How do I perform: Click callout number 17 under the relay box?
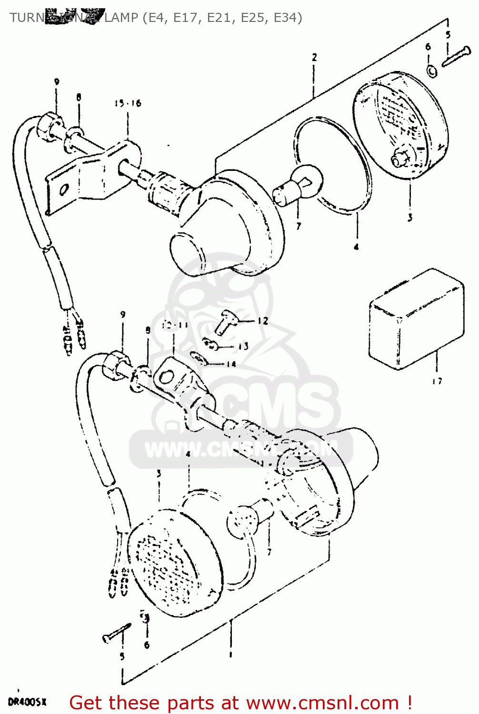pos(437,381)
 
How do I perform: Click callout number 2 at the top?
pos(314,57)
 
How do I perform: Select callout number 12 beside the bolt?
pos(263,321)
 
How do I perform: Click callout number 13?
pos(243,346)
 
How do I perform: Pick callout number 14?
pos(231,364)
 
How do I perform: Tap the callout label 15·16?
pos(128,103)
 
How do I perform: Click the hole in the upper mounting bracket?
pos(63,190)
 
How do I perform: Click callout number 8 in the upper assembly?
pos(79,97)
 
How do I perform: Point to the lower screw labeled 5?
pos(116,633)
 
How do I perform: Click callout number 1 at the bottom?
pos(230,655)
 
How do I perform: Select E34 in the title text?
pos(288,18)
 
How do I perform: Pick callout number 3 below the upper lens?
pos(409,218)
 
